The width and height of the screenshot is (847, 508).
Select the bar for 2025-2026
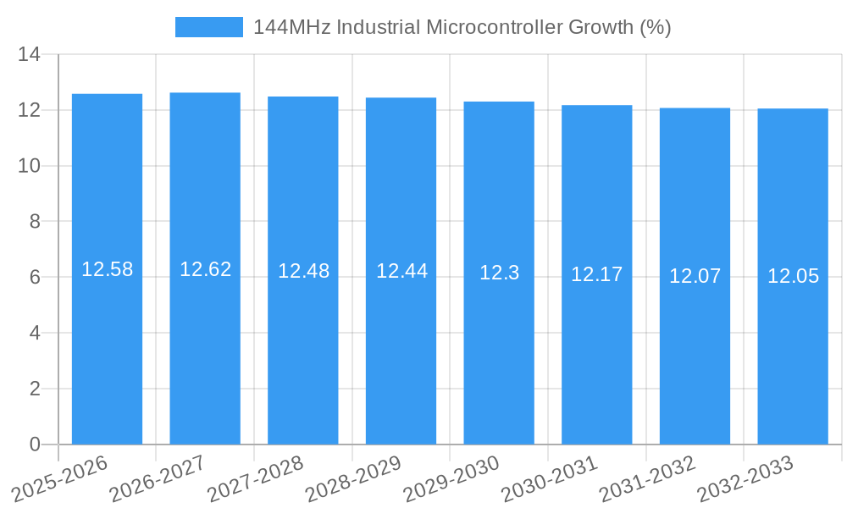coord(107,339)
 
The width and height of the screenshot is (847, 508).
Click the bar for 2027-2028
coord(303,339)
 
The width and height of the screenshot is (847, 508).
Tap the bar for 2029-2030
coord(499,339)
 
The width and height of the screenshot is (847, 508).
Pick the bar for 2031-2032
coord(695,339)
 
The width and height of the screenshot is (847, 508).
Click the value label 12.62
coord(205,269)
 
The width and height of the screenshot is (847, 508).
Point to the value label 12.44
coord(401,271)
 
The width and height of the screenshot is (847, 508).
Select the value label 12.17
coord(596,274)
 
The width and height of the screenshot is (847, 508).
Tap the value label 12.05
coord(793,276)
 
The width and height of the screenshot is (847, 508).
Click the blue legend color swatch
coord(208,27)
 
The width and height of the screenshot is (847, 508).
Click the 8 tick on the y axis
coord(35,222)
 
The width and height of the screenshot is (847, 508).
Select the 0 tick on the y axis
coord(35,444)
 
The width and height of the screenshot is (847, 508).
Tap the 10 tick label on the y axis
coord(30,166)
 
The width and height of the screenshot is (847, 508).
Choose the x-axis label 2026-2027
coord(157,477)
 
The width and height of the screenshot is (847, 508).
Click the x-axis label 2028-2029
coord(352,477)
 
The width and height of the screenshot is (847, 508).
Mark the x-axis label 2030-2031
coord(549,477)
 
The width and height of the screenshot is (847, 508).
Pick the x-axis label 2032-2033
coord(745,477)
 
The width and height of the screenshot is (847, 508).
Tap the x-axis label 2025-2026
coord(59,477)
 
